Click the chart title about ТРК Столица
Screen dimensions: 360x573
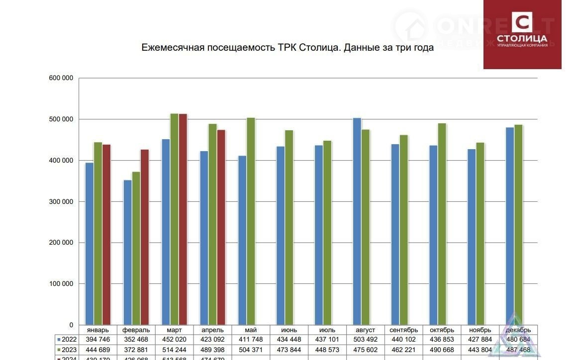[287, 48]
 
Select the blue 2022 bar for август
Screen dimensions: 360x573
[357, 221]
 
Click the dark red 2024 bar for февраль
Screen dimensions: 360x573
[144, 237]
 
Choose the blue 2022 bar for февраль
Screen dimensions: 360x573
[128, 252]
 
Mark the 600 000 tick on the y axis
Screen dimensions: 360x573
[61, 78]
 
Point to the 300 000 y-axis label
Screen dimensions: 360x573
[61, 201]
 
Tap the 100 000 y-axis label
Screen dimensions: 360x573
[61, 284]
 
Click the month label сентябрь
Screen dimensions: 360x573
[403, 330]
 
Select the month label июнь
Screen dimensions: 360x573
[289, 330]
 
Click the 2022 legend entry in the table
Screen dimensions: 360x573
[66, 340]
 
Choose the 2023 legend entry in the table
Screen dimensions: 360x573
[66, 350]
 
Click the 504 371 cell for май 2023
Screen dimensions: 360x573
[251, 350]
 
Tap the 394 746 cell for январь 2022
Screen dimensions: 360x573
[98, 340]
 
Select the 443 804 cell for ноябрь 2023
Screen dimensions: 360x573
[480, 350]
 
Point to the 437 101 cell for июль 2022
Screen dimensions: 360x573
[327, 340]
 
